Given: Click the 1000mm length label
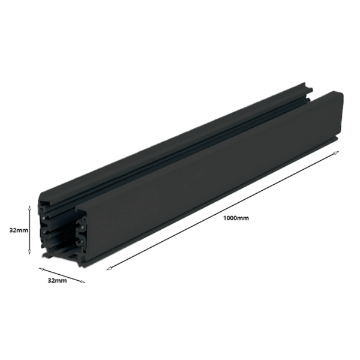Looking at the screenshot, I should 236,218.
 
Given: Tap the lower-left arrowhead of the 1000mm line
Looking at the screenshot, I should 109,266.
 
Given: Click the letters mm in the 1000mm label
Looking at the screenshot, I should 242,218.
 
